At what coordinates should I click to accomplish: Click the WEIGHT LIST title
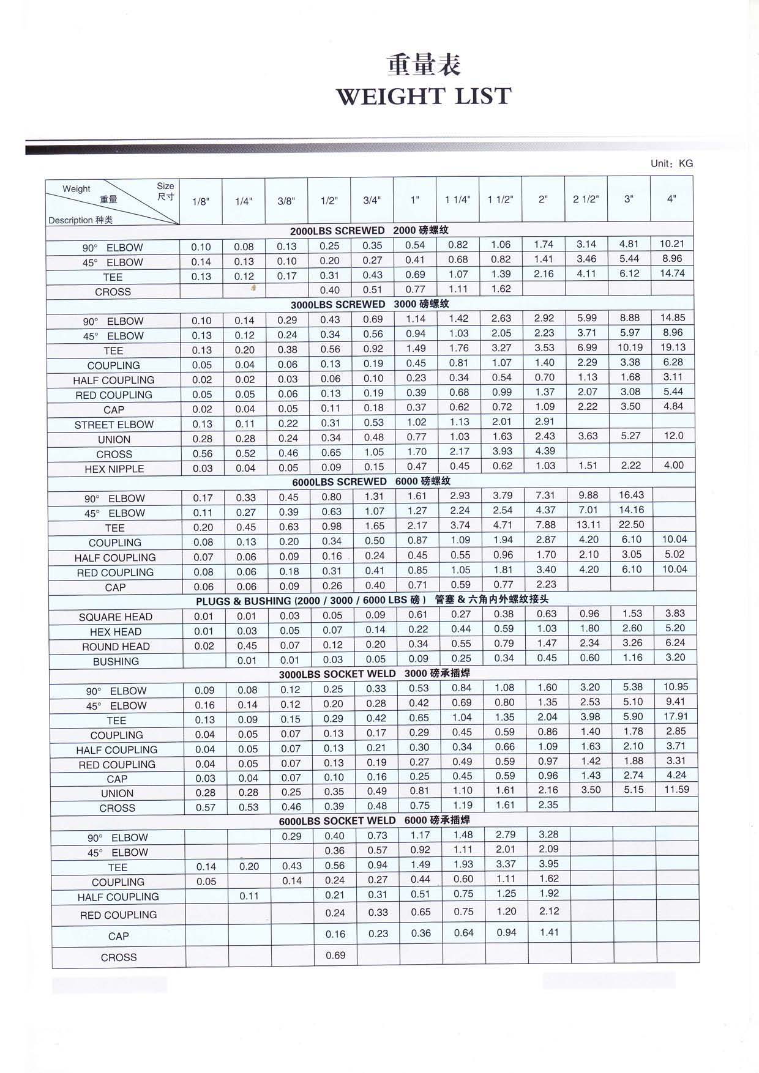click(x=424, y=96)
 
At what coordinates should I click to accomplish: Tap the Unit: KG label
click(x=671, y=164)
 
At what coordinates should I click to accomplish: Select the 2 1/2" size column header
click(x=586, y=199)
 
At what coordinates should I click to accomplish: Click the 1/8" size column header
click(x=201, y=201)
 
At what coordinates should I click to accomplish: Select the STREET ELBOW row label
click(x=114, y=425)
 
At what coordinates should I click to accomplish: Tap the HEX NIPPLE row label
click(x=114, y=469)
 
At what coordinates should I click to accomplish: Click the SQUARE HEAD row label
click(x=116, y=617)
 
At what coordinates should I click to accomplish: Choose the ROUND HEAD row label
click(x=116, y=647)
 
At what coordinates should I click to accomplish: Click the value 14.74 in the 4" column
click(x=672, y=273)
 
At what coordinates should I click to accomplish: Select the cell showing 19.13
click(x=673, y=347)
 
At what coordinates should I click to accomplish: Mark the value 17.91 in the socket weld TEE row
click(x=676, y=716)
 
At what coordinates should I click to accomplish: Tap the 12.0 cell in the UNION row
click(x=673, y=436)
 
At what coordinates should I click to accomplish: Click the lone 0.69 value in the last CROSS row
click(x=335, y=956)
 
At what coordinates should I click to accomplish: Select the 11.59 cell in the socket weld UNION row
click(x=676, y=790)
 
